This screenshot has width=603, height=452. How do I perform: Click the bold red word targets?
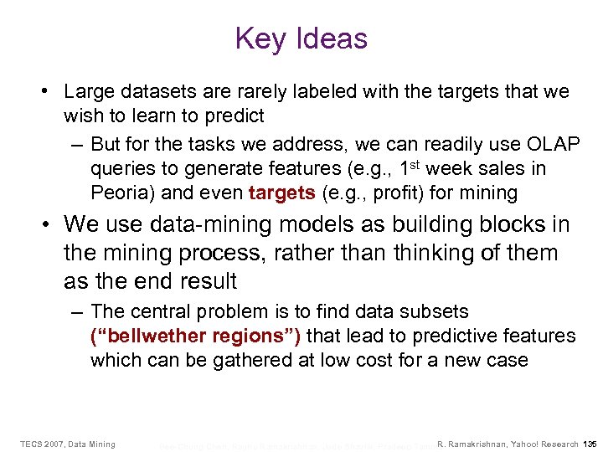(x=281, y=193)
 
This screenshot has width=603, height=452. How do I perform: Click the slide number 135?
(x=589, y=444)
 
